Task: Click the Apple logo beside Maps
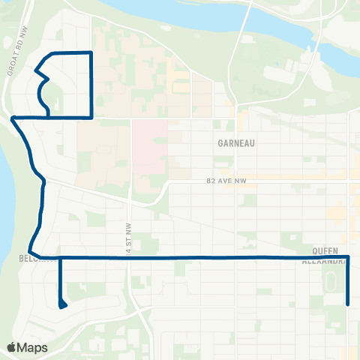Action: pyautogui.click(x=13, y=347)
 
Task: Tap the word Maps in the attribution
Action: pyautogui.click(x=34, y=347)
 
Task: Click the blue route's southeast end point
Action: pyautogui.click(x=349, y=304)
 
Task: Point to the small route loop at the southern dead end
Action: pyautogui.click(x=61, y=304)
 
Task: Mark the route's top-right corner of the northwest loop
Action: pyautogui.click(x=91, y=52)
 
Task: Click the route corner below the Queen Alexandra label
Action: pyautogui.click(x=349, y=257)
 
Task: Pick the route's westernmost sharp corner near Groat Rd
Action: pyautogui.click(x=13, y=118)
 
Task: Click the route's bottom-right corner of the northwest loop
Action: pyautogui.click(x=91, y=118)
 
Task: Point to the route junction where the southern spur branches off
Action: pyautogui.click(x=59, y=257)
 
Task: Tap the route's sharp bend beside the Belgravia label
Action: pyautogui.click(x=29, y=253)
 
